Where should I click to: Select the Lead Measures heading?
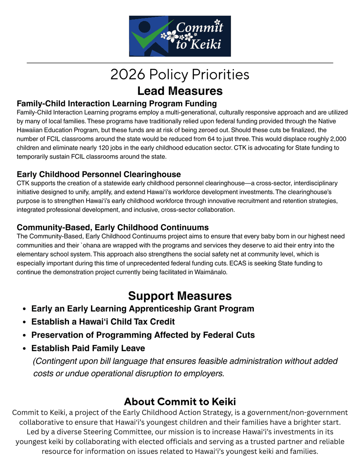pos(180,91)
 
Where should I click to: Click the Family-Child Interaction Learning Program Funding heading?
pos(117,103)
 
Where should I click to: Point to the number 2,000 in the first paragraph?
pos(338,139)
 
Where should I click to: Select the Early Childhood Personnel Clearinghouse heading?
pos(99,174)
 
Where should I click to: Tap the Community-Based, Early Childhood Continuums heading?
pos(112,228)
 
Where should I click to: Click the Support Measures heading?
pos(180,296)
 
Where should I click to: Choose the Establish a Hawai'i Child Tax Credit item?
pos(103,322)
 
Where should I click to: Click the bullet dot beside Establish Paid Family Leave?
pos(24,348)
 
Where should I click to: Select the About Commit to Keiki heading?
pos(180,402)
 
